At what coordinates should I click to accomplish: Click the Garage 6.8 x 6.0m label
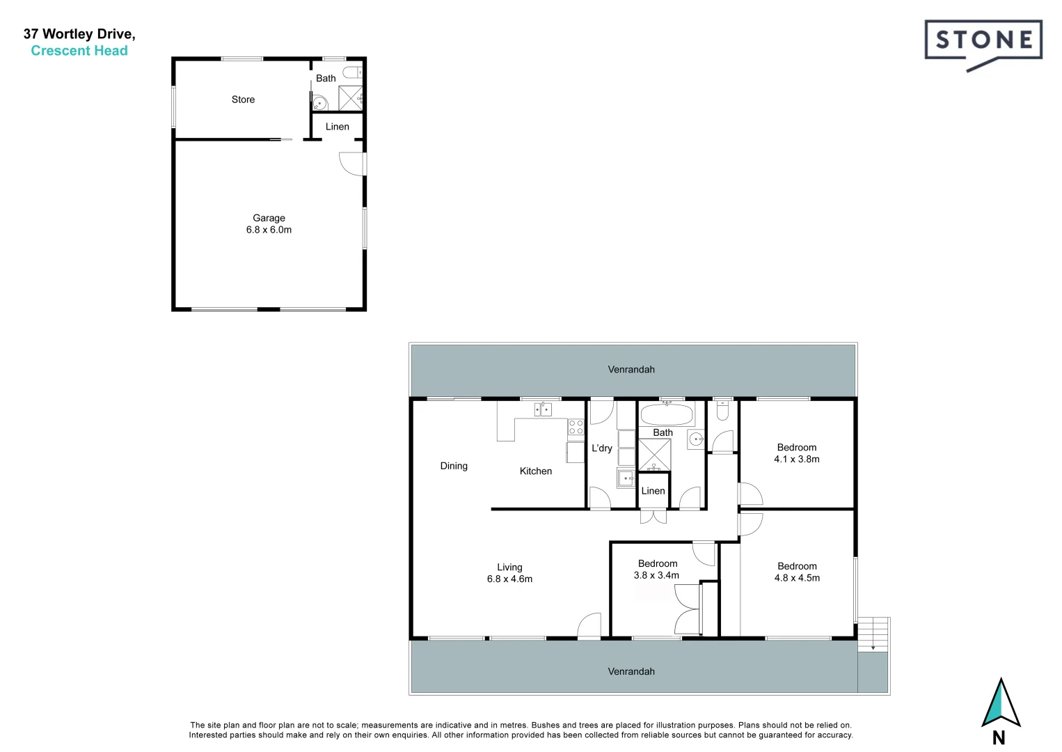click(x=269, y=224)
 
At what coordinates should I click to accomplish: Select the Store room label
click(x=243, y=100)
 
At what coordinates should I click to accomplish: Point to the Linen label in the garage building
click(x=337, y=127)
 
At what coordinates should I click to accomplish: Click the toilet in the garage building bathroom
click(x=353, y=70)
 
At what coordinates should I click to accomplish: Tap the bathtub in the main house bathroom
click(x=666, y=416)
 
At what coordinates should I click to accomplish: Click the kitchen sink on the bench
click(x=542, y=409)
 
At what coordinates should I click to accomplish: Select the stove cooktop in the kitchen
click(x=576, y=426)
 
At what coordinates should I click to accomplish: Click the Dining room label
click(x=454, y=466)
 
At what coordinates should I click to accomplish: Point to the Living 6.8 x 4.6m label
click(x=509, y=573)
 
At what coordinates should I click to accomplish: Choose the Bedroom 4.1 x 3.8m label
click(x=797, y=453)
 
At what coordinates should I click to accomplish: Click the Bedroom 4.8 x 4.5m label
click(x=797, y=572)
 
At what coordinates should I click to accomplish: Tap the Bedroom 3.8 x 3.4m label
click(x=657, y=569)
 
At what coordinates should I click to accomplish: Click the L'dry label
click(x=601, y=448)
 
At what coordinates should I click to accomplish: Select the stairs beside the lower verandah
click(x=873, y=634)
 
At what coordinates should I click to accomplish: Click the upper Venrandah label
click(x=631, y=370)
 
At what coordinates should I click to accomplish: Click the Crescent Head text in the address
click(x=79, y=51)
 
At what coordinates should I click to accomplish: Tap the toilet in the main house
click(x=722, y=412)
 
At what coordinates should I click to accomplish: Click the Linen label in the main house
click(x=653, y=491)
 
